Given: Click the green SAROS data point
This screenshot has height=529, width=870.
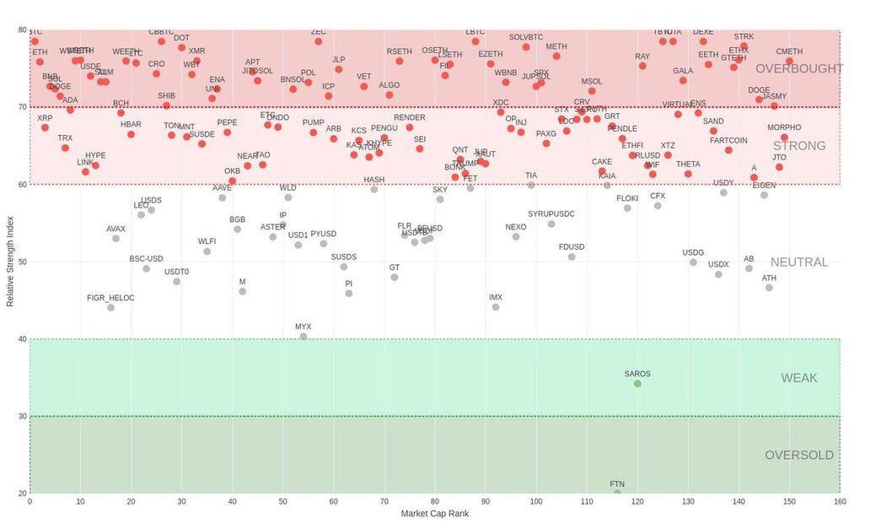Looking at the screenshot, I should pos(637,384).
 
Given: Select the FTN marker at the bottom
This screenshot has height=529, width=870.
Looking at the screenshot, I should pos(617,493).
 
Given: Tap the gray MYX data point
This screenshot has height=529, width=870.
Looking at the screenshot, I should pos(303,337).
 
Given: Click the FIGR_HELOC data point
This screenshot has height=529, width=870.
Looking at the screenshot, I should pos(110,308).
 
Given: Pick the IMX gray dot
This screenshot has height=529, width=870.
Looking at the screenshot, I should pos(496,307).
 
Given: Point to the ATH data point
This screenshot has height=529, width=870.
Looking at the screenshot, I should pos(769,288).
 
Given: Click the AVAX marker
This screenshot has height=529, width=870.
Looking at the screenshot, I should pos(115,239).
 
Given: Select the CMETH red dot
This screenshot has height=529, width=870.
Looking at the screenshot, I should pos(790,62).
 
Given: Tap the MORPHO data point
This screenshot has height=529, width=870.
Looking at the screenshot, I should pos(784,138).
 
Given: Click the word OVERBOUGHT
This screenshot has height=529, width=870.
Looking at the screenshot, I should pos(798,68).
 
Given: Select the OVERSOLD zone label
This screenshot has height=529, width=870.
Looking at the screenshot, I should pos(798,456).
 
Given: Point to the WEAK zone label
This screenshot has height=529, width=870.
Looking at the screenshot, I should pos(798,378).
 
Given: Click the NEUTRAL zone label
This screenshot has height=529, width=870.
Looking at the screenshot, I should pos(798,262).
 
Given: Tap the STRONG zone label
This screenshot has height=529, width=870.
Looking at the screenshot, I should pos(798,146).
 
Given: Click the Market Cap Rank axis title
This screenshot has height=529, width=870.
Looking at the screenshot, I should pos(434,514).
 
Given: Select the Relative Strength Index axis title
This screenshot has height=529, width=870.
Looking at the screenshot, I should pos(10,262).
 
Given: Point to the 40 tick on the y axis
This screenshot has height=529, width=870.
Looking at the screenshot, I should pos(22,339).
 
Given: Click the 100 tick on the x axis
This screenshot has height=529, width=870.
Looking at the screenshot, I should pos(536,502).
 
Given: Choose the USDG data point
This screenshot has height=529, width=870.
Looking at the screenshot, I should pos(693,262).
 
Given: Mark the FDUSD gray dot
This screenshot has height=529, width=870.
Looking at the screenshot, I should pos(572,256).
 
